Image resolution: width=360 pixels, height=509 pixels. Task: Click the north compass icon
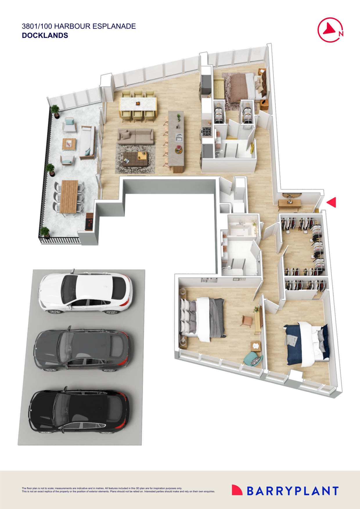tap(330, 30)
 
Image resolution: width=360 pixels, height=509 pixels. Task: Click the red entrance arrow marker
tap(332, 202)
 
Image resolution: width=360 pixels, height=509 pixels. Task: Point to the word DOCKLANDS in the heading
tap(45, 35)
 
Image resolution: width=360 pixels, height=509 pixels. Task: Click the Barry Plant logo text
tap(293, 491)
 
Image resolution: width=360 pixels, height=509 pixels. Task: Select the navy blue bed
tap(307, 344)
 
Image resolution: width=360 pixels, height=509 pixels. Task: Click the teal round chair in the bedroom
tap(251, 359)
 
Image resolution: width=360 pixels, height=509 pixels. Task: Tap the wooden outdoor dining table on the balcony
tap(69, 196)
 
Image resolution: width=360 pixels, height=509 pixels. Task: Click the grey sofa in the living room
tap(136, 136)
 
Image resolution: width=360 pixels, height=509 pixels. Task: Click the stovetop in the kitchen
tap(207, 132)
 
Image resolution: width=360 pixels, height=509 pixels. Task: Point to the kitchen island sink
tap(179, 137)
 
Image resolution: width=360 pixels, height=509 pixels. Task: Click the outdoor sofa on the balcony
tap(87, 142)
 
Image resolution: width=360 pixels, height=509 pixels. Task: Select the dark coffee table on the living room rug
tap(135, 159)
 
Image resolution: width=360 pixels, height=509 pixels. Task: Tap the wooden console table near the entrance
tap(289, 203)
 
